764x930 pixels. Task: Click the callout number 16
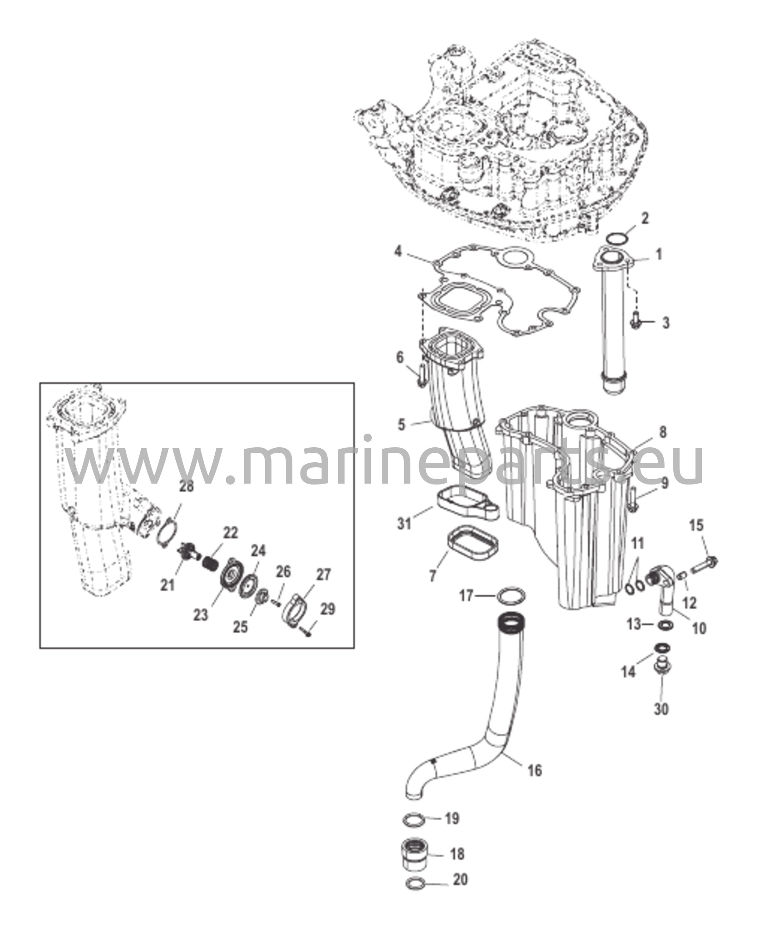coord(535,770)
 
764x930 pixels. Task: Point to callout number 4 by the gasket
coord(398,251)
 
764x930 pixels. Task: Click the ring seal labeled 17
coord(512,595)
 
